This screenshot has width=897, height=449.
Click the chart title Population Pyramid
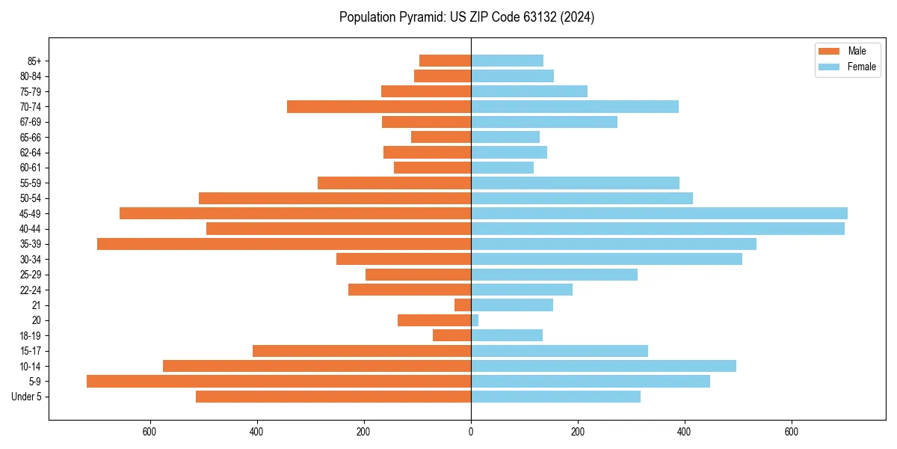point(466,17)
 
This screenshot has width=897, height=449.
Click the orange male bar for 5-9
point(279,382)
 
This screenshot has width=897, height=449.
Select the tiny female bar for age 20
point(475,320)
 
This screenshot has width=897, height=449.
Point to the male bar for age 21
point(463,305)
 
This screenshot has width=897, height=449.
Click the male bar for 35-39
point(284,244)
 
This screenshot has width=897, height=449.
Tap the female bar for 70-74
point(575,107)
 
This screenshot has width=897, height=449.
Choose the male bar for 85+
point(446,61)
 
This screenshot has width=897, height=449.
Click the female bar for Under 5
point(555,397)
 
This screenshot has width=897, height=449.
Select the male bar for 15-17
point(362,351)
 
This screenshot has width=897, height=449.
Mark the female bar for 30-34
point(606,260)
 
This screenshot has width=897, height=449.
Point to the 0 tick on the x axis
point(471,432)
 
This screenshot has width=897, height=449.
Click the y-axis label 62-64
point(31,153)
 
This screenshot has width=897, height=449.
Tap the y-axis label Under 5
point(27,397)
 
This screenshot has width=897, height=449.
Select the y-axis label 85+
point(34,61)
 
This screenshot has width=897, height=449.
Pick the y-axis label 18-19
point(31,336)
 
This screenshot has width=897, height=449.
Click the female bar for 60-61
point(502,168)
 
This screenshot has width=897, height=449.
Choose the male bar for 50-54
point(335,198)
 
